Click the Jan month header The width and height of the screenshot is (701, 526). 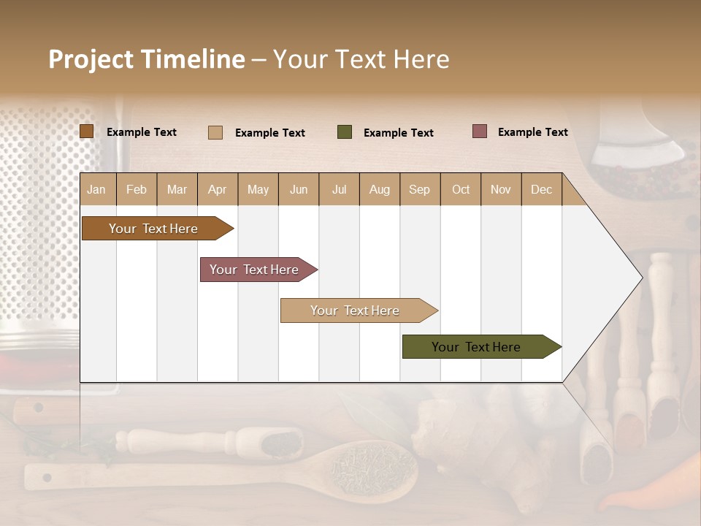click(x=96, y=189)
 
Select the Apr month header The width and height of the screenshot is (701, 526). click(x=217, y=189)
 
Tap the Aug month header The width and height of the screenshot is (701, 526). click(x=379, y=189)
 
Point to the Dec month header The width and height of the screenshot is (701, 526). click(x=541, y=189)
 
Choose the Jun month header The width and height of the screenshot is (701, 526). click(x=298, y=189)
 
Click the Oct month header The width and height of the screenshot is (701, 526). click(x=460, y=189)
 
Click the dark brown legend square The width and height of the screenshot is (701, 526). click(x=87, y=131)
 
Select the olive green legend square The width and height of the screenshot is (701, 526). click(x=345, y=132)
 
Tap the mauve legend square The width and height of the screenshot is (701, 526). click(x=480, y=131)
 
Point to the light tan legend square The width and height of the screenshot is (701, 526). click(x=215, y=132)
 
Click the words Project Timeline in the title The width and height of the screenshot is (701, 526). click(x=147, y=59)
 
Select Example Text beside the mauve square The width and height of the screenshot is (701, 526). click(x=532, y=132)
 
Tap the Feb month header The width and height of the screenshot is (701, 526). click(x=137, y=189)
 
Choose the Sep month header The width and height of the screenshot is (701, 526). click(x=419, y=189)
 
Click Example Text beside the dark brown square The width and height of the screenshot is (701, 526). click(x=141, y=132)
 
